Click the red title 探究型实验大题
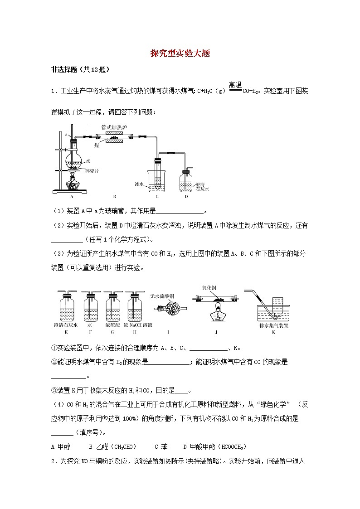pyautogui.click(x=180, y=53)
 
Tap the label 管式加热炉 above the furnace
pyautogui.click(x=112, y=127)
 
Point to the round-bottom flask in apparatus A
pyautogui.click(x=73, y=157)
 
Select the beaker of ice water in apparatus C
pyautogui.click(x=157, y=181)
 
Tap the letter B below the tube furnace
pyautogui.click(x=114, y=197)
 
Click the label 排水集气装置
pyautogui.click(x=274, y=325)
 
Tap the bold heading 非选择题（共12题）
pyautogui.click(x=81, y=70)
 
